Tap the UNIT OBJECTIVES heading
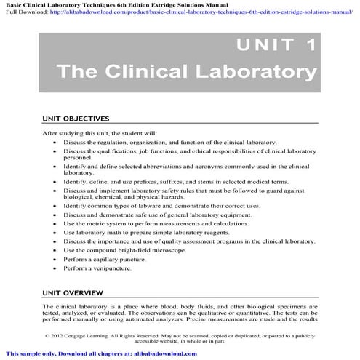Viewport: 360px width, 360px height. point(76,118)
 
